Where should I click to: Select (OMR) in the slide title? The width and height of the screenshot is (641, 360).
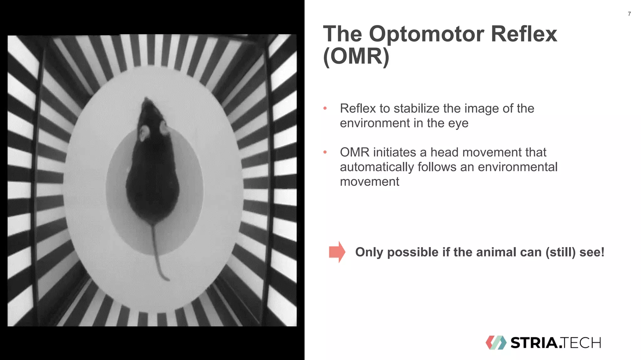click(356, 56)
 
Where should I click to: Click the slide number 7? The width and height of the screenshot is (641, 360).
click(629, 14)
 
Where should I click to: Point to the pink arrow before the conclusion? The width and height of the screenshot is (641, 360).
click(337, 252)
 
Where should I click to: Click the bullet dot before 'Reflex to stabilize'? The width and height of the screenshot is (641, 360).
click(325, 108)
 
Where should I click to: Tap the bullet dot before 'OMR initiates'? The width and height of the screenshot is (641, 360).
click(325, 152)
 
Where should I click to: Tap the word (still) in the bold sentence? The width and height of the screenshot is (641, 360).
click(560, 252)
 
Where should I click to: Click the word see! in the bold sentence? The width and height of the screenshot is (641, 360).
click(592, 252)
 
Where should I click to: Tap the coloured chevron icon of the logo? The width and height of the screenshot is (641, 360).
click(496, 342)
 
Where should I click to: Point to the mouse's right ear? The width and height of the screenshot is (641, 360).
click(164, 128)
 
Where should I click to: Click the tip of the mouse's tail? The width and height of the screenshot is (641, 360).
click(168, 280)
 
